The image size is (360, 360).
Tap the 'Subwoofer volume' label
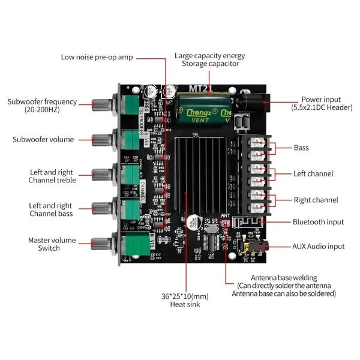[43, 139]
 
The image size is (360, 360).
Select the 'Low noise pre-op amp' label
[97, 58]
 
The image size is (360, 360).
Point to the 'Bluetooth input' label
[318, 222]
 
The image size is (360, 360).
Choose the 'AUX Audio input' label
[318, 246]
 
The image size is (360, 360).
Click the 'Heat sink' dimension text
[184, 300]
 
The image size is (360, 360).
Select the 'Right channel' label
[316, 200]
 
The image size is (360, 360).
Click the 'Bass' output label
[301, 148]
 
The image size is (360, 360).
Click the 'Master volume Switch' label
[52, 244]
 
